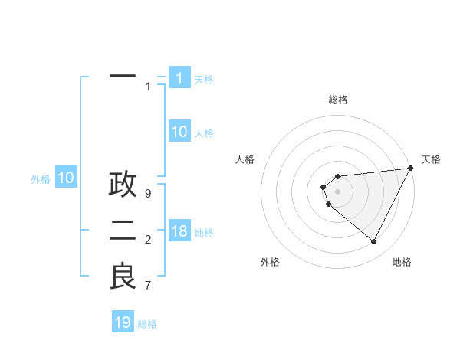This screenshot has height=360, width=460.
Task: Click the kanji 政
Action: pos(123,185)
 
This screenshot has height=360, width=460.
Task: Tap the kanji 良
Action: pos(123,277)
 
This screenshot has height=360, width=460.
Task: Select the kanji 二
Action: pos(123,231)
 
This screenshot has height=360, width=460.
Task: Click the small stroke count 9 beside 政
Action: pos(148,194)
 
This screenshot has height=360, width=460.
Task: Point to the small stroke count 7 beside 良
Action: pos(148,286)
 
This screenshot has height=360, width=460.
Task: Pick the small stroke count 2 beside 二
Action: pos(148,240)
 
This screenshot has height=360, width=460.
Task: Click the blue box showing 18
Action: pos(179,231)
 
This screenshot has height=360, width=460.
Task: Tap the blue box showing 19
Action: pos(123,322)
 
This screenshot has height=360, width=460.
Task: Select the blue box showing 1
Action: pos(179,78)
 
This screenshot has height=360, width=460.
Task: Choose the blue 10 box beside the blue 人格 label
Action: pos(179,132)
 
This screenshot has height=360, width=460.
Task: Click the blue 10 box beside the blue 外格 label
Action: pos(66,178)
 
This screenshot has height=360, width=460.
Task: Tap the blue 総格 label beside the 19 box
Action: pos(147,324)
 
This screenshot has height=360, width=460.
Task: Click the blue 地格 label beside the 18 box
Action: pos(204,233)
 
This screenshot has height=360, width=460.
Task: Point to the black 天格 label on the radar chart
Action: pos(431,159)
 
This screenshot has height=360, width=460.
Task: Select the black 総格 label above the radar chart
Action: pos(337,100)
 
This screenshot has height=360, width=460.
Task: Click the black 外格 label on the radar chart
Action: pos(270,262)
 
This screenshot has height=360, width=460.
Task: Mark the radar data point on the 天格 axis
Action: pos(410,169)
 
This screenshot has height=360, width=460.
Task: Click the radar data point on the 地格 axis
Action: pos(374,242)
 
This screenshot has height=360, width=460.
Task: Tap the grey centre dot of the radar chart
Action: pos(337,191)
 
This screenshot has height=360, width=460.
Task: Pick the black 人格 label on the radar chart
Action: pos(245,159)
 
